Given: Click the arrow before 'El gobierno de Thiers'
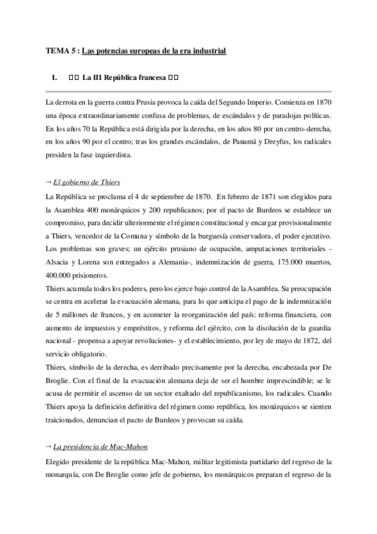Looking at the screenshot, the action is coord(50,181).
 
